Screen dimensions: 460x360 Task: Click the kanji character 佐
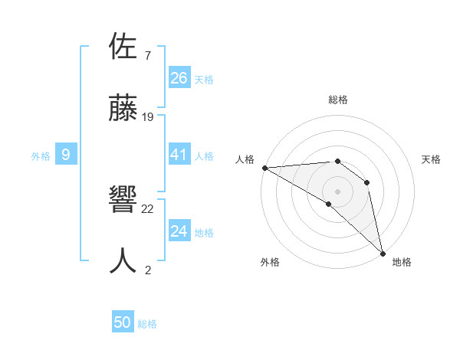pos(123,47)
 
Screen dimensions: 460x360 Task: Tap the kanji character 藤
pos(123,110)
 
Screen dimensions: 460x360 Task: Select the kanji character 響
pos(123,201)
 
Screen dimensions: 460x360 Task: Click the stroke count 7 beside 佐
pos(147,55)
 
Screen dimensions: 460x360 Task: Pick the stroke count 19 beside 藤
pos(148,117)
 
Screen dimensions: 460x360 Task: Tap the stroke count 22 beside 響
pos(148,208)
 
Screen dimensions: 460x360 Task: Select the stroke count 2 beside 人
pos(147,270)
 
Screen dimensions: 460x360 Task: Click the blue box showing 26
pos(179,77)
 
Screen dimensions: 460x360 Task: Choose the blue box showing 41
pos(179,155)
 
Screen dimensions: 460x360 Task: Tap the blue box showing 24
pos(179,231)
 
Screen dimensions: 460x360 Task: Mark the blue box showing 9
pos(66,155)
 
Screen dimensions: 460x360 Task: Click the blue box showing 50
pos(123,322)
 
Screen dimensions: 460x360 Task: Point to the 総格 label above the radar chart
pos(338,100)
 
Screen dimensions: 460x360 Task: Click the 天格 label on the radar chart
pos(432,159)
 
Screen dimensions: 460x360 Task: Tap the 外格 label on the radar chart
pos(270,262)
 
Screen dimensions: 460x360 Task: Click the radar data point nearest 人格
pos(264,167)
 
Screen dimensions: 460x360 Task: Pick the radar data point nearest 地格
pos(382,251)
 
